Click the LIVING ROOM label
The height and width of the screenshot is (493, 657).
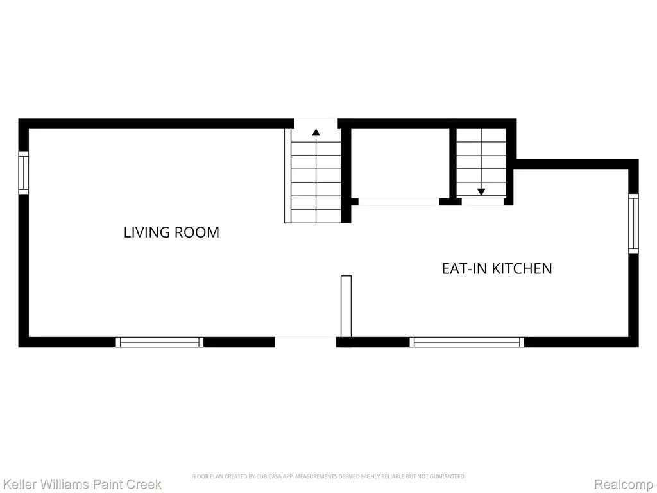[171, 232]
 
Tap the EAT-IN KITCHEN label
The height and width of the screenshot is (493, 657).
[497, 268]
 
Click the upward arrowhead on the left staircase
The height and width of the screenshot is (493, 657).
[316, 132]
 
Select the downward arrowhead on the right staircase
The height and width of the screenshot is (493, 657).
[481, 191]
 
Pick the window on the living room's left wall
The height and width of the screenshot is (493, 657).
[24, 173]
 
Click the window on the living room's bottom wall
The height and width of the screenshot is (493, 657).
[160, 342]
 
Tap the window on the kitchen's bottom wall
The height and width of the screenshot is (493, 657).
[467, 342]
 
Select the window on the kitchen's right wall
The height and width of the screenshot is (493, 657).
[633, 223]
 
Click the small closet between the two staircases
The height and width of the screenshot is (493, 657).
[400, 164]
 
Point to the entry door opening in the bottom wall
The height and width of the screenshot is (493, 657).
[305, 342]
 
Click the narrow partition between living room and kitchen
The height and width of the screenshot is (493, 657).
[346, 306]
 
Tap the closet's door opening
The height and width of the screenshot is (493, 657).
[399, 202]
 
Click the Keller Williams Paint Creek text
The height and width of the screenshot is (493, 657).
[81, 484]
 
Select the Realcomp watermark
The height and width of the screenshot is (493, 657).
[624, 484]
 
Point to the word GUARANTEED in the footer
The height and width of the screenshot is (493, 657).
[449, 476]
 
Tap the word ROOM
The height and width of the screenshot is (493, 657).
[196, 232]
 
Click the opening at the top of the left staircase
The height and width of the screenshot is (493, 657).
[316, 124]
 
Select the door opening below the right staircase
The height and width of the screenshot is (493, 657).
[482, 202]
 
